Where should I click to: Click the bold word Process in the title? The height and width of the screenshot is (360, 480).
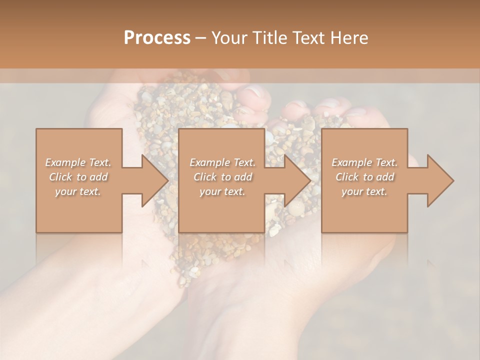click(x=157, y=38)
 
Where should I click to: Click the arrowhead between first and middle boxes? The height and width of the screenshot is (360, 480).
click(x=154, y=180)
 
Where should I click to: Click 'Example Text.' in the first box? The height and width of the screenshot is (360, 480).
click(x=78, y=162)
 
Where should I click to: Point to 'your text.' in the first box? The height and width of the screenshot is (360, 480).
click(x=78, y=191)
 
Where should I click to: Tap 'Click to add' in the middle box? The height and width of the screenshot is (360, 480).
click(x=222, y=177)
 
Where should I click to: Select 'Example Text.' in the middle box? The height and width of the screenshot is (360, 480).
click(x=222, y=162)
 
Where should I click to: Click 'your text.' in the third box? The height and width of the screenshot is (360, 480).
click(x=364, y=191)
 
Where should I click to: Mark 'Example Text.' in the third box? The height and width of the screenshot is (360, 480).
click(x=364, y=162)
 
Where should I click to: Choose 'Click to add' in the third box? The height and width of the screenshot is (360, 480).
click(x=364, y=177)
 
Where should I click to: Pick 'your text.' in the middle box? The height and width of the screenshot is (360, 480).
click(x=222, y=191)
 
